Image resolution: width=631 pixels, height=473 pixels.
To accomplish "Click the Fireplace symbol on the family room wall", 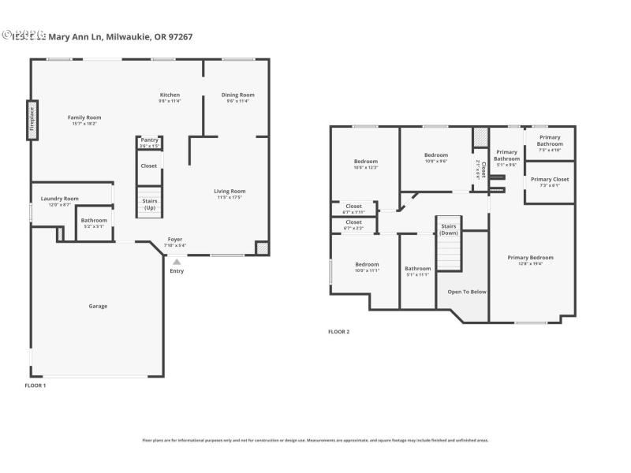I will pyautogui.click(x=32, y=121).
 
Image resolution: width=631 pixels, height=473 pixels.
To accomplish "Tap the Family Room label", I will pyautogui.click(x=84, y=117).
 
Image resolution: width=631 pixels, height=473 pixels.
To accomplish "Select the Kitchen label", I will pyautogui.click(x=170, y=95).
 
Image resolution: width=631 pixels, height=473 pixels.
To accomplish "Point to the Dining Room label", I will pyautogui.click(x=237, y=95).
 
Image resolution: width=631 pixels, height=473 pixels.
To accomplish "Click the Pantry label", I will pyautogui.click(x=149, y=140).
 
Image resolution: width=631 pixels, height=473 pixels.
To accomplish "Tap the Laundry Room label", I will pyautogui.click(x=60, y=199).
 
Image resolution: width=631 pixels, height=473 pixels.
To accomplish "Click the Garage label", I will pyautogui.click(x=98, y=306).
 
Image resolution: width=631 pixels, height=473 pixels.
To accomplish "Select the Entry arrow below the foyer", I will pyautogui.click(x=177, y=262).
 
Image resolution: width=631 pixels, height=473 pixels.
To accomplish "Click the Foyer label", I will pyautogui.click(x=175, y=239).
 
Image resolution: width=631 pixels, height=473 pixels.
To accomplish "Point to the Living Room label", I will pyautogui.click(x=230, y=191).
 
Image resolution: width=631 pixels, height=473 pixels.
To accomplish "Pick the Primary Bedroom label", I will pyautogui.click(x=530, y=257).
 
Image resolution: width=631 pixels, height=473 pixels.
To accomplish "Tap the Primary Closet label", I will pyautogui.click(x=549, y=179).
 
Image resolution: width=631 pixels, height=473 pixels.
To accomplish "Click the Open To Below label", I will pyautogui.click(x=467, y=292).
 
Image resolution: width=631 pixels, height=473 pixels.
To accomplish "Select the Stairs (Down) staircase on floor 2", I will pyautogui.click(x=448, y=246).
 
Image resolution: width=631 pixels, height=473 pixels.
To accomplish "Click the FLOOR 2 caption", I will pyautogui.click(x=338, y=332).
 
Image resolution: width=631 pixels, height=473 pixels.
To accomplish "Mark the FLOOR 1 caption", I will pyautogui.click(x=35, y=385).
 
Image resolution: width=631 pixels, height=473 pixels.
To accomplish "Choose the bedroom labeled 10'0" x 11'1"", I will pyautogui.click(x=367, y=267).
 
